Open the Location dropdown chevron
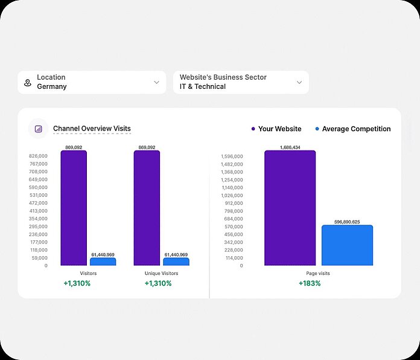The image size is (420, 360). (x=156, y=82)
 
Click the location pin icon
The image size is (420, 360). (x=27, y=82)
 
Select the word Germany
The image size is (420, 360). (x=52, y=86)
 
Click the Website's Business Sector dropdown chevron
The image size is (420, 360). (x=299, y=82)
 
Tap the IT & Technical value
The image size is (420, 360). (x=203, y=86)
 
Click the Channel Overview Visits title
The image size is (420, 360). (x=92, y=129)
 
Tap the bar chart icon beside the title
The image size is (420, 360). (x=39, y=129)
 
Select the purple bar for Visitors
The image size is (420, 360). (x=74, y=208)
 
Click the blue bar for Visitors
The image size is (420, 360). (x=103, y=262)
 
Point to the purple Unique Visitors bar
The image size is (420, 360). (x=147, y=208)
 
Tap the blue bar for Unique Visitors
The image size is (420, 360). (x=176, y=262)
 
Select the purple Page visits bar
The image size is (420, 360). (x=290, y=208)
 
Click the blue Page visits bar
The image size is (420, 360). (x=347, y=245)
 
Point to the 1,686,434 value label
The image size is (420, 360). (x=290, y=147)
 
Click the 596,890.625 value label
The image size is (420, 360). (x=347, y=222)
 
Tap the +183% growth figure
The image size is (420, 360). (x=310, y=283)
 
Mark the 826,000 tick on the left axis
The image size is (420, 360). (x=38, y=156)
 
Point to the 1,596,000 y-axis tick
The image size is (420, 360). (x=232, y=156)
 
